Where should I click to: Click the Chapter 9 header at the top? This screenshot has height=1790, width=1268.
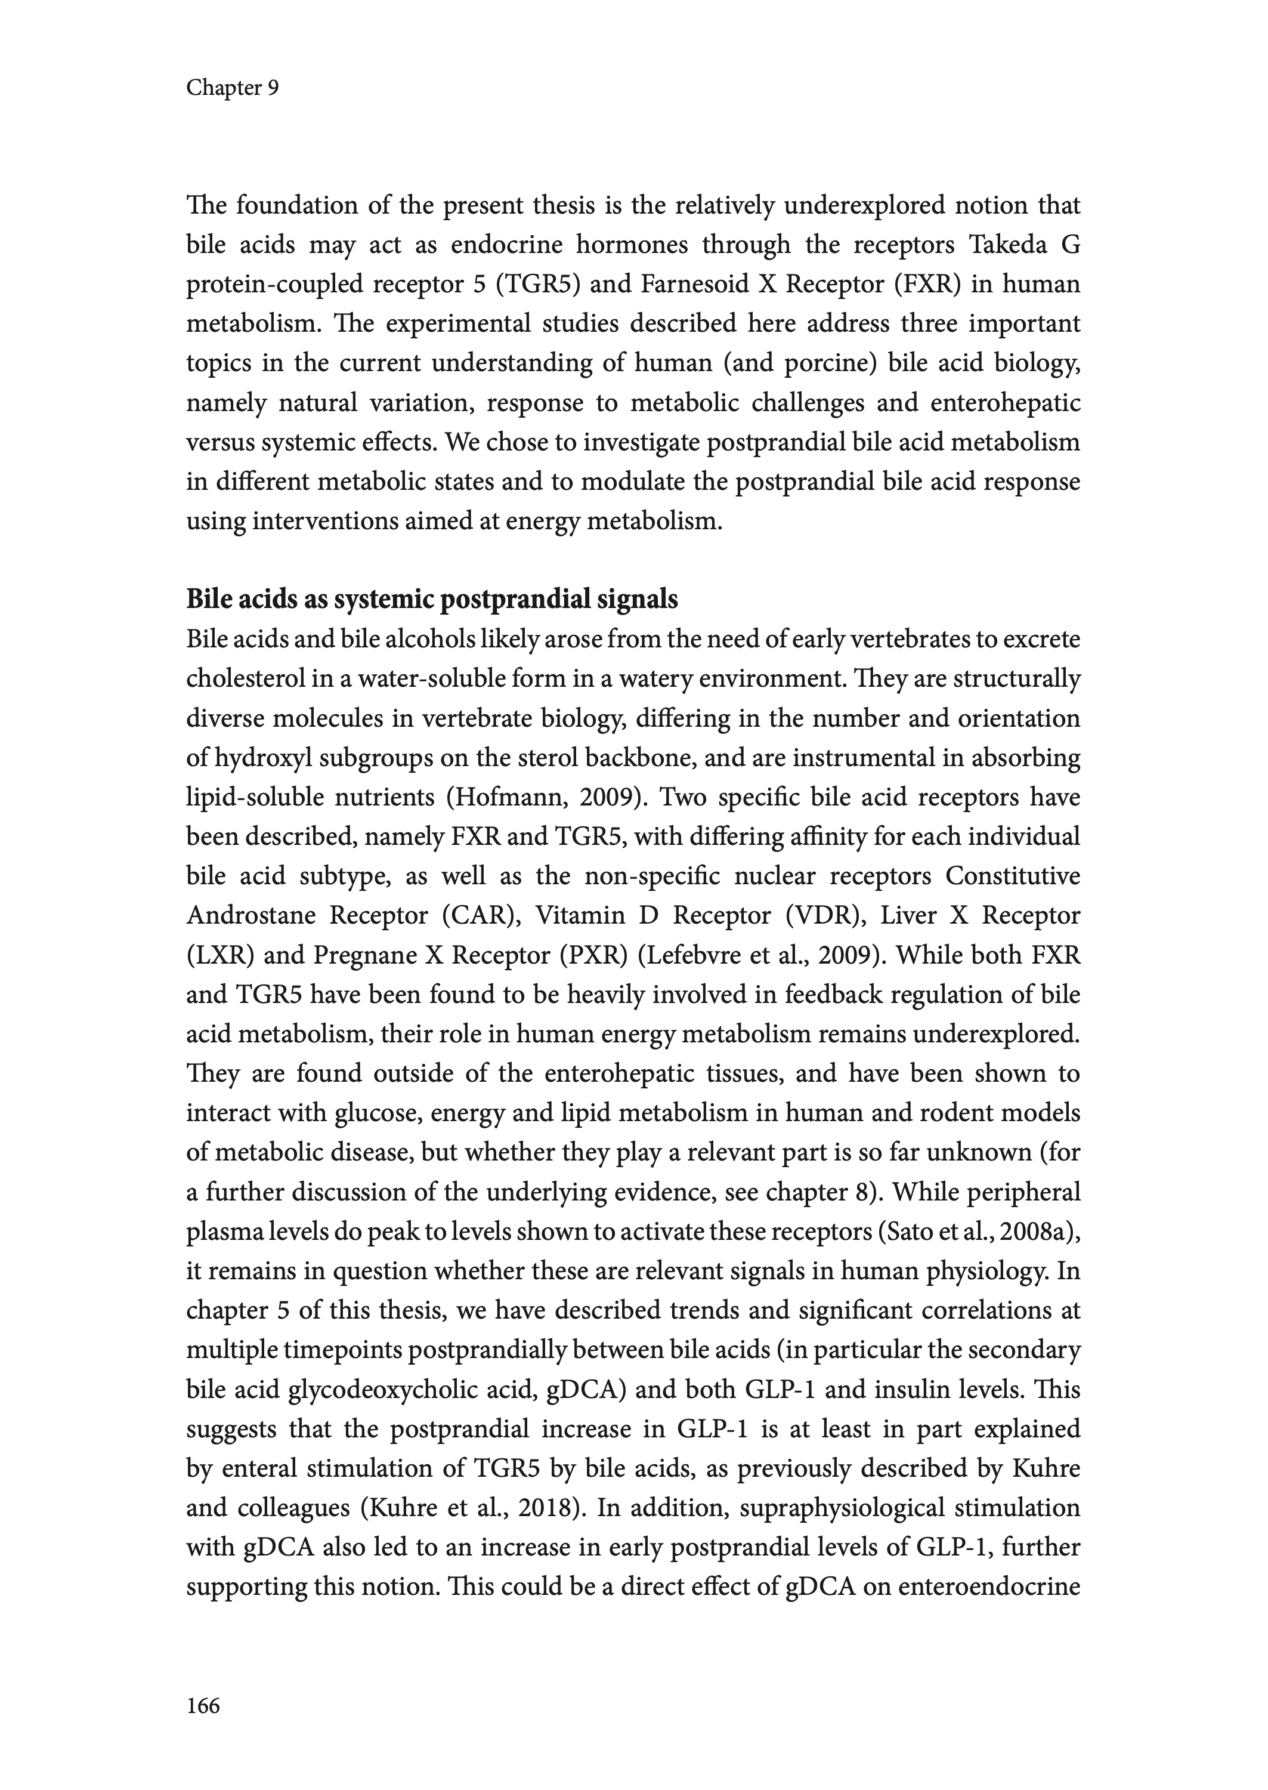pyautogui.click(x=232, y=88)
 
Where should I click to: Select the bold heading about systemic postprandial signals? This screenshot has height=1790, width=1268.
pyautogui.click(x=432, y=599)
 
